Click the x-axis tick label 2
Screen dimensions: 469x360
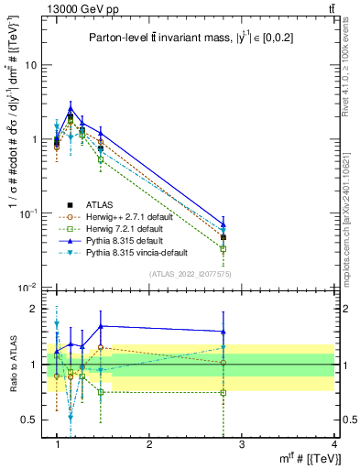pos(148,444)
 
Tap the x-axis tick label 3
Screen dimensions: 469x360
pos(241,444)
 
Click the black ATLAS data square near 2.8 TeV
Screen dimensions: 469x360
pos(224,237)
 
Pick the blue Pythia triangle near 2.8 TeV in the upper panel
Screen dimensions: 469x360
pos(224,224)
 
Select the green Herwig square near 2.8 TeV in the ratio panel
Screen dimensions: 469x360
pos(224,393)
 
